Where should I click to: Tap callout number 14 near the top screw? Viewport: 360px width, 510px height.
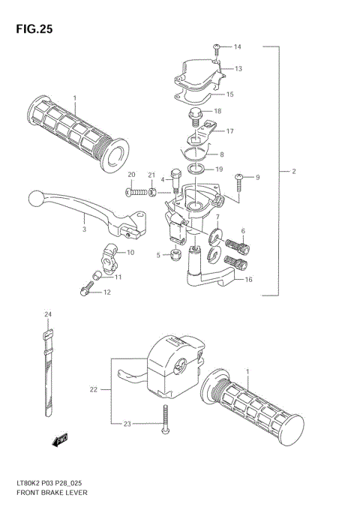(237, 47)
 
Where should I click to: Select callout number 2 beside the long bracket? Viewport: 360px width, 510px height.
(295, 172)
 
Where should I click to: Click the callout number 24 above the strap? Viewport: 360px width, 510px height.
(46, 313)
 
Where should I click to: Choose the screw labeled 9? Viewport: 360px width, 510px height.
(241, 178)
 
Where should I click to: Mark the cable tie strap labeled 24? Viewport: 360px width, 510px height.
(47, 367)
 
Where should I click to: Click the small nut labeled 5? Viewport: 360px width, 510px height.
(175, 255)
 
